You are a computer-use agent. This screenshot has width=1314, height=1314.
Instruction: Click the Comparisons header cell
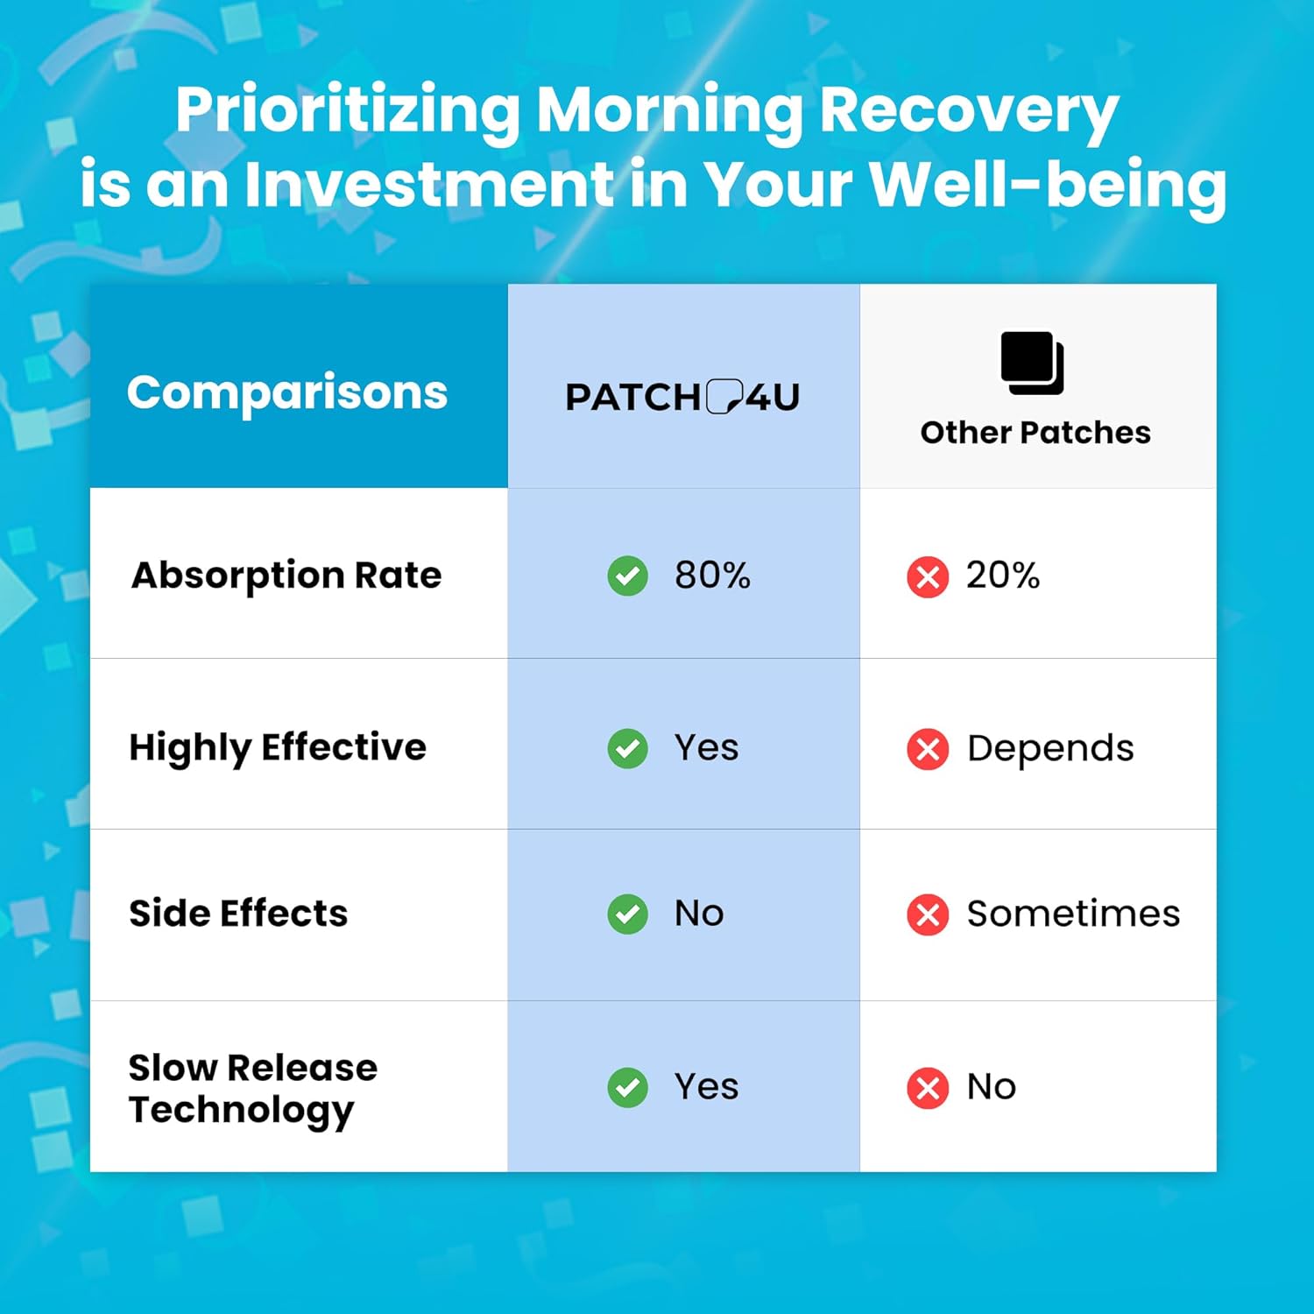tap(286, 392)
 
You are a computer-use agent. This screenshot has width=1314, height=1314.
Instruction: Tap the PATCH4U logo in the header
tap(682, 397)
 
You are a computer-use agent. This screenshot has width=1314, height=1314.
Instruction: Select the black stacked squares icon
tap(1032, 363)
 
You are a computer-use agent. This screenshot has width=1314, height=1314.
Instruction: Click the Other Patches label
tap(1035, 433)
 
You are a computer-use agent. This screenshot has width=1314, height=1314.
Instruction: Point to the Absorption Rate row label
tap(286, 576)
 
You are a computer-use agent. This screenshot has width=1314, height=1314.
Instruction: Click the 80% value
tap(712, 576)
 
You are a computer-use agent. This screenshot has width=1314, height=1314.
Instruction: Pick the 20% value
tap(1002, 576)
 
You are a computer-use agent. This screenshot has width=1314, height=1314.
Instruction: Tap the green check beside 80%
tap(627, 576)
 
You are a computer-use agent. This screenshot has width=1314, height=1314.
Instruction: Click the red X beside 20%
tap(928, 577)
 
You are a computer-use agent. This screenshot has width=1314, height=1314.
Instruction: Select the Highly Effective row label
tap(278, 748)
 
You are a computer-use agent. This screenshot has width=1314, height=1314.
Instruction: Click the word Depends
tap(1049, 749)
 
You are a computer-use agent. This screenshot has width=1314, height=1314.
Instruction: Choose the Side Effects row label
tap(238, 914)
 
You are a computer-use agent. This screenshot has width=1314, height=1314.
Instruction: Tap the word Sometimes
tap(1073, 914)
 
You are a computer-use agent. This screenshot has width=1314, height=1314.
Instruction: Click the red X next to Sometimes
tap(928, 915)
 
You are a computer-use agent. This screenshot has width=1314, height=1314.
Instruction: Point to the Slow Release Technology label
tap(252, 1088)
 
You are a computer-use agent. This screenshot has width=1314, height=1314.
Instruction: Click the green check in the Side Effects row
tap(627, 914)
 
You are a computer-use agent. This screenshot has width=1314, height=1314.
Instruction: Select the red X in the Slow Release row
tap(928, 1088)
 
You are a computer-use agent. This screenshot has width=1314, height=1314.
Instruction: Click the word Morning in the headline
tap(669, 111)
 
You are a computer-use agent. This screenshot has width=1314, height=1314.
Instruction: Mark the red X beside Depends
tap(928, 749)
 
